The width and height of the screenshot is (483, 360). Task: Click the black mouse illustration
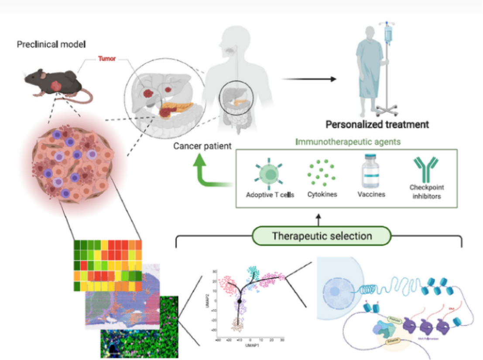click(52, 83)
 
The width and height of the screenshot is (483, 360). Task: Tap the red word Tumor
click(107, 58)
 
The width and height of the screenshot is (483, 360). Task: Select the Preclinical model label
click(51, 44)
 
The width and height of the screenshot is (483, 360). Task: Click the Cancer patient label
click(202, 146)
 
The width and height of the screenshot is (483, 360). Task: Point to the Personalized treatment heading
click(377, 124)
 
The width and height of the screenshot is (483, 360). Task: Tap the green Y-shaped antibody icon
click(426, 170)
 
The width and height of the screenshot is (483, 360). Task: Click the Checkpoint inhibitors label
click(426, 192)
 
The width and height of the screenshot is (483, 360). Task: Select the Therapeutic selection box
click(322, 236)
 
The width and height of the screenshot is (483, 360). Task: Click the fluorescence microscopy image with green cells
click(140, 327)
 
